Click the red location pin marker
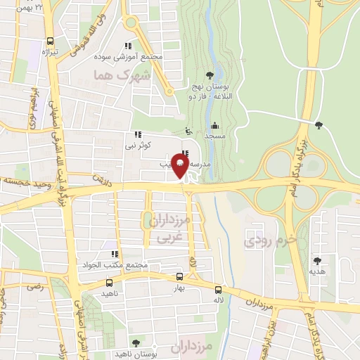click(x=180, y=167)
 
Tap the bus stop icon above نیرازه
click(x=50, y=41)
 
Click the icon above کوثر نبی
click(x=137, y=134)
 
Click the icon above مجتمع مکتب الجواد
click(x=112, y=254)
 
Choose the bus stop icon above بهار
click(x=179, y=277)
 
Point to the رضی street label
click(x=34, y=286)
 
